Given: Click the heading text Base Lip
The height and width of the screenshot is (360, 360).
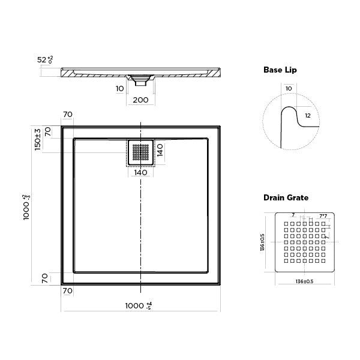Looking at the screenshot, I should pos(280,70).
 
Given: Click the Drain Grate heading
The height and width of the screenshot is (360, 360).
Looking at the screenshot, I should pos(285,197).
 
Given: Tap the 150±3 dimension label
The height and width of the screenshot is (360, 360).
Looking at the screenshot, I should pos(37,139).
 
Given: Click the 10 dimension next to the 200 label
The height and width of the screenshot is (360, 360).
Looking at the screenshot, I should pos(120,88).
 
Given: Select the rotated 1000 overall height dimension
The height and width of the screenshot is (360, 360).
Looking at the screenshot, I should pos(26,207).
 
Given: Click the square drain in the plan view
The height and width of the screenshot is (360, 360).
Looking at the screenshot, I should pos(140,153).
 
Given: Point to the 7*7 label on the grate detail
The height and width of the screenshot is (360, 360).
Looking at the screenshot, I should pos(323,215).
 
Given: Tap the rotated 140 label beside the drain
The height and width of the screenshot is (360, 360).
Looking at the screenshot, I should pos(160,150).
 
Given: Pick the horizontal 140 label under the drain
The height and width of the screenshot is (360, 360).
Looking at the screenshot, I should pos(140,173).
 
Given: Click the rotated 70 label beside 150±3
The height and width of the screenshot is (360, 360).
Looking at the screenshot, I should pos(48,131).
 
